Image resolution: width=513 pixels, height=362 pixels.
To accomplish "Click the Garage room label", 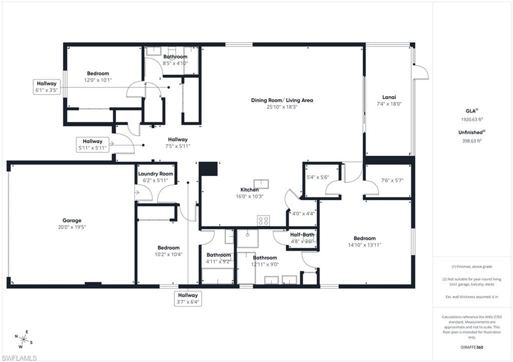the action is click(72, 220).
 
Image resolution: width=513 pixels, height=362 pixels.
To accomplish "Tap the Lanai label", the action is click(389, 97).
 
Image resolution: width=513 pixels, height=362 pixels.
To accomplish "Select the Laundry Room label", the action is click(155, 174).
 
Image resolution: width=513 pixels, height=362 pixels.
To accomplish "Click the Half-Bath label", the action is click(302, 234).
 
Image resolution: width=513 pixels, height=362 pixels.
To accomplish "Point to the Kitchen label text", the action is click(249, 190).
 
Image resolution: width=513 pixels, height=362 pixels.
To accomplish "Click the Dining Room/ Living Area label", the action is click(282, 100).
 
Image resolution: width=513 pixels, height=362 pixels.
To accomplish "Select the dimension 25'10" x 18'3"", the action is click(282, 107).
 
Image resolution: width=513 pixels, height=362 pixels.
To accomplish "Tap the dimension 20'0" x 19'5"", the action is click(72, 227).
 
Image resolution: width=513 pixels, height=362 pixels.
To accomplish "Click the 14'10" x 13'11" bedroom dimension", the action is click(365, 245).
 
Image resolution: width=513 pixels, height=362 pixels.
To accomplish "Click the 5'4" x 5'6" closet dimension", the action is click(318, 177).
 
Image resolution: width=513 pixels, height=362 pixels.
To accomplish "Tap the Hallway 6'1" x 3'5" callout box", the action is click(47, 87).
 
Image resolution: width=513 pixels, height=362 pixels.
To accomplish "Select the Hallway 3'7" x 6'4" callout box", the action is click(188, 298).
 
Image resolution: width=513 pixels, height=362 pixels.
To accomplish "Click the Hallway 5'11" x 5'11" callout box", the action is click(93, 145).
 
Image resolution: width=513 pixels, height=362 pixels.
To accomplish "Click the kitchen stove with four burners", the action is click(264, 220).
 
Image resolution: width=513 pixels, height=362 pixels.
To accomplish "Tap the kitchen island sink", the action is click(262, 184).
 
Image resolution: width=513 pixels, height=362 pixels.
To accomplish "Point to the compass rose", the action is click(24, 339).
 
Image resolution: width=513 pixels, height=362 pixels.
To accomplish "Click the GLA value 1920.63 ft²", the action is click(472, 119).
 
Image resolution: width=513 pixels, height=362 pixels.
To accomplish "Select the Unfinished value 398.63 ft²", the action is click(472, 141).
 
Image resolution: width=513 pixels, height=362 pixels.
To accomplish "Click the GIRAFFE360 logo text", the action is click(471, 347).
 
